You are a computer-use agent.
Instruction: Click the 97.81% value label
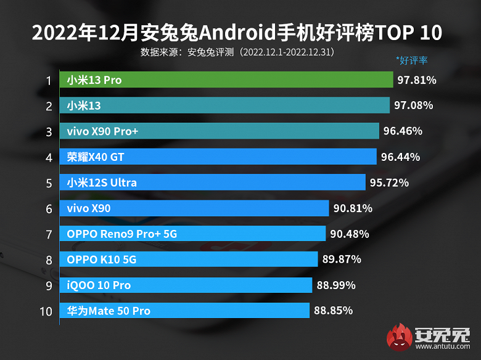coord(417,80)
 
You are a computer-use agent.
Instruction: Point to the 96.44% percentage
coord(401,157)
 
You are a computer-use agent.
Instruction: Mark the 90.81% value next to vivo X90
coord(353,208)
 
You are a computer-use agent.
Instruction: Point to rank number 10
coord(46,311)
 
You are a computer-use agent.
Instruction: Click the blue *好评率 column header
coord(411,60)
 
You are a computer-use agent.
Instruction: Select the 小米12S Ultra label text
coord(102,182)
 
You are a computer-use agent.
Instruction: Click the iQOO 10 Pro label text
coord(99,285)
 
